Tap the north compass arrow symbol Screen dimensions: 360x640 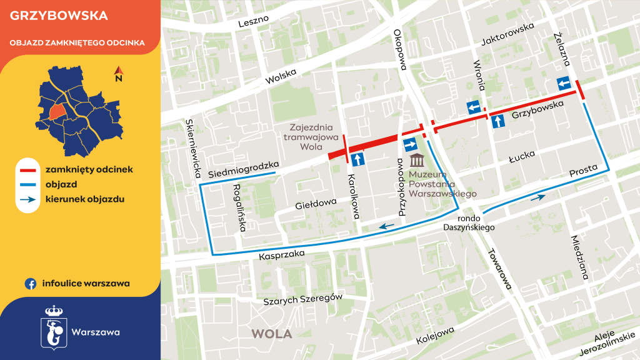[118, 74]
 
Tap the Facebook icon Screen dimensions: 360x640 [29, 283]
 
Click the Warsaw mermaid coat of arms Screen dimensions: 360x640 [52, 326]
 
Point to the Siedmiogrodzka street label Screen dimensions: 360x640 [242, 169]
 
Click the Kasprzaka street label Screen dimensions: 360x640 [282, 254]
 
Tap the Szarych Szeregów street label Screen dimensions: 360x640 [302, 299]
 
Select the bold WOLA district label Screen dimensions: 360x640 [271, 334]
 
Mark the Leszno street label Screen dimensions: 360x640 [254, 21]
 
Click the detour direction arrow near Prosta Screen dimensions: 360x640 [537, 197]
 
